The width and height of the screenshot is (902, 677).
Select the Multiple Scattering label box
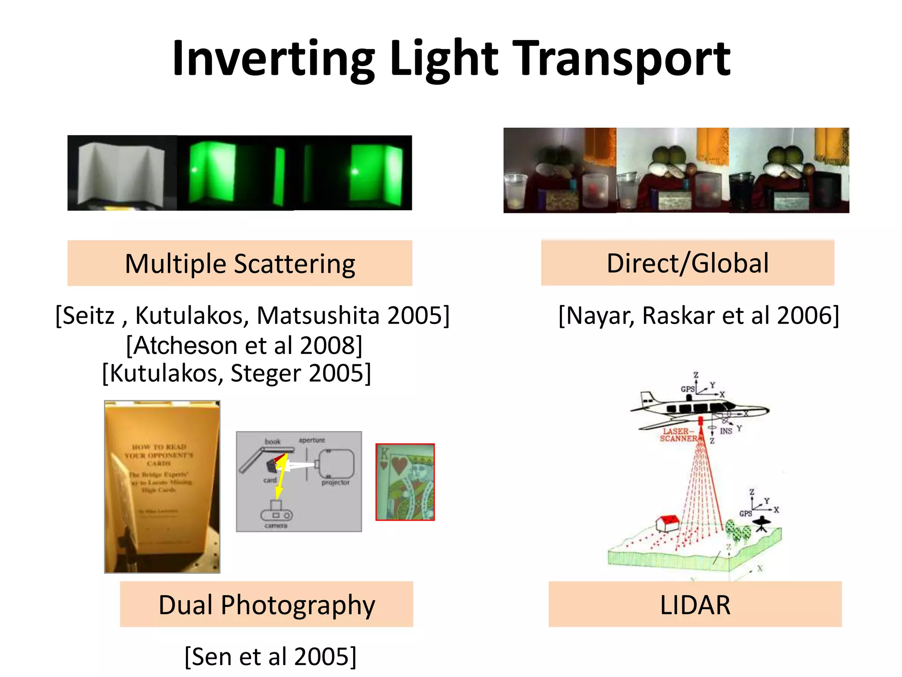[x=240, y=264]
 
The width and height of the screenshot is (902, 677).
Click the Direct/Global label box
[x=688, y=263]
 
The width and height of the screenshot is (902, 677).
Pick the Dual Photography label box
[x=266, y=604]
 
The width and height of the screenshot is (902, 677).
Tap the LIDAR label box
[x=695, y=604]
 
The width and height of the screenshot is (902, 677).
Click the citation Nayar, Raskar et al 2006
[x=699, y=316]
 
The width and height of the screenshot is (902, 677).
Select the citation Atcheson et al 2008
[x=244, y=345]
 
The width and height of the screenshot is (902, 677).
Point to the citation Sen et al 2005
[x=270, y=656]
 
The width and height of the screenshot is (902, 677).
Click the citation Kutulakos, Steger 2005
[x=237, y=373]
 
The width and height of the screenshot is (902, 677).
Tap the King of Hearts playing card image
[x=405, y=482]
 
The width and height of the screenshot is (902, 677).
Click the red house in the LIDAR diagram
[x=668, y=523]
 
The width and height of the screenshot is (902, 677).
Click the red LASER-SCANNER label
[x=678, y=435]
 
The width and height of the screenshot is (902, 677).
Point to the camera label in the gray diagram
[x=276, y=526]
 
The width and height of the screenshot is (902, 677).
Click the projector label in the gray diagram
[x=335, y=483]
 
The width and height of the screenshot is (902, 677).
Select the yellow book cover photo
[x=162, y=487]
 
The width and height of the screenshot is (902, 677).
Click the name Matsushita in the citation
[x=318, y=316]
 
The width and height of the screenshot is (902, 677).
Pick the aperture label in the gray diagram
[x=312, y=440]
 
